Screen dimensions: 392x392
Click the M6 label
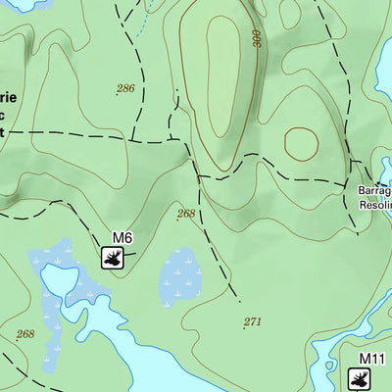(122, 238)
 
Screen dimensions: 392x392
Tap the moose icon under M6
(117, 258)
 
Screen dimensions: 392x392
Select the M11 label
(370, 359)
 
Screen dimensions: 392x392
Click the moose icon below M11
(361, 378)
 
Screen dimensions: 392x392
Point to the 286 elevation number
(125, 89)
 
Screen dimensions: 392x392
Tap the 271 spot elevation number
(252, 321)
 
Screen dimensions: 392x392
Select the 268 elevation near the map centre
(186, 214)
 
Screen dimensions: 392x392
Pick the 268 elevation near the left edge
(24, 334)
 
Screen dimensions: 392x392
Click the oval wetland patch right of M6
(180, 276)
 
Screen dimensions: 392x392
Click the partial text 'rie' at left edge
(8, 99)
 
